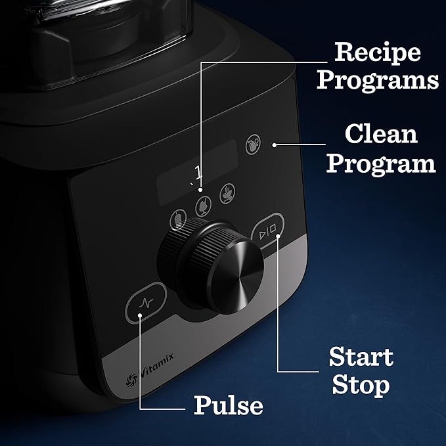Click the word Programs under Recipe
(x=377, y=80)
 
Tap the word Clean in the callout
(x=381, y=135)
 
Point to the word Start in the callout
(x=361, y=357)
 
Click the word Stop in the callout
(x=361, y=386)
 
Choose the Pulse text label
(x=228, y=406)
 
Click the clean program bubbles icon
(x=253, y=145)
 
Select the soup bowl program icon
(x=227, y=191)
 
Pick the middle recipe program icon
(x=202, y=203)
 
